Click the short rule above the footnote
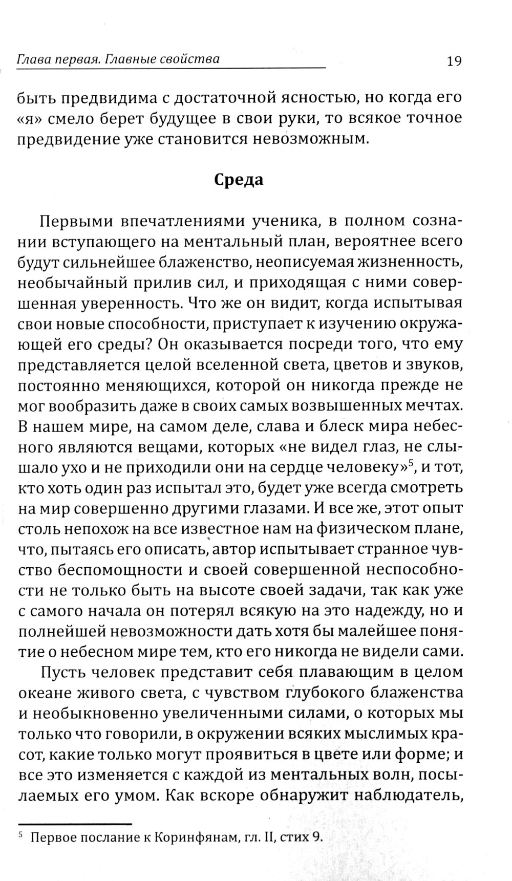click(75, 824)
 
